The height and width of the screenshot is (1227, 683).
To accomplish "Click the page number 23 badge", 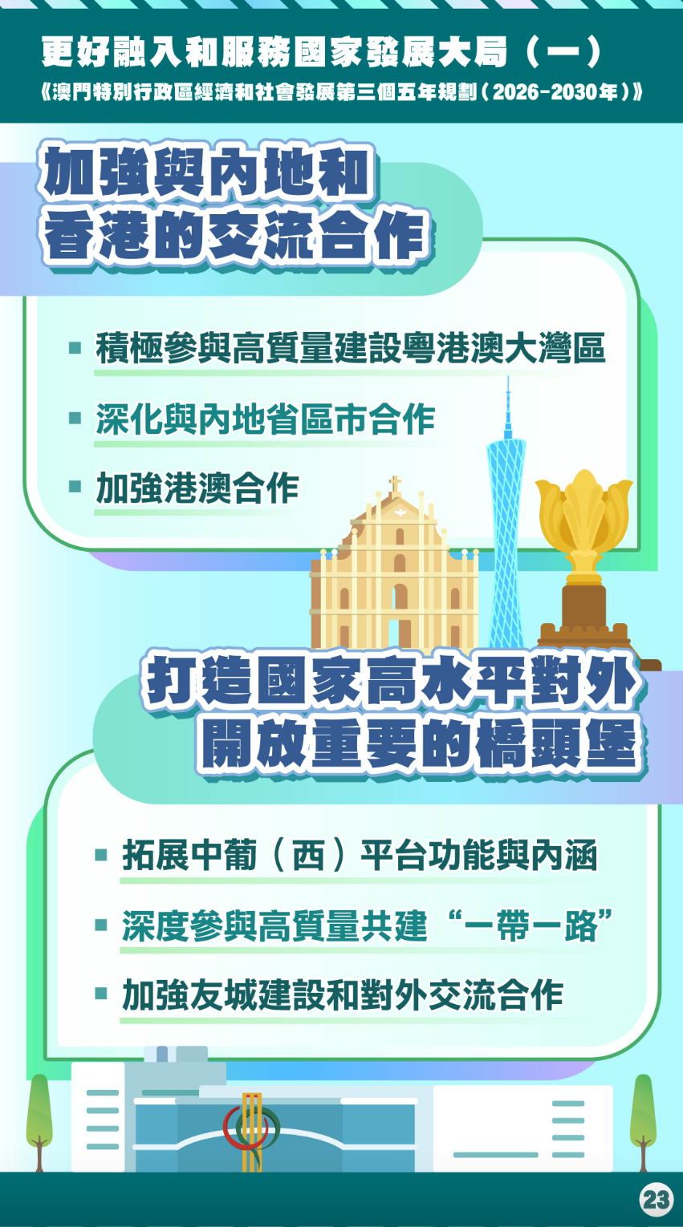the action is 657,1199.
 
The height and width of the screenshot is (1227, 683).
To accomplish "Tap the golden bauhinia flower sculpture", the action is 584,520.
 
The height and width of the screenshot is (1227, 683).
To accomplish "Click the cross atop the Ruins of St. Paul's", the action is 394,484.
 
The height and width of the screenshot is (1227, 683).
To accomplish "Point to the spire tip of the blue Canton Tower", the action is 508,378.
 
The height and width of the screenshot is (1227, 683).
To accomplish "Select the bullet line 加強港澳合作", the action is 197,488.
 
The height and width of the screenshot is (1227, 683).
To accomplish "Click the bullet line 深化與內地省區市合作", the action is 266,419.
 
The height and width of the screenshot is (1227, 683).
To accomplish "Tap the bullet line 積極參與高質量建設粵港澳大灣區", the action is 351,348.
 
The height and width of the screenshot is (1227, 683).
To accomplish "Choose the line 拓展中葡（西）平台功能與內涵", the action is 360,855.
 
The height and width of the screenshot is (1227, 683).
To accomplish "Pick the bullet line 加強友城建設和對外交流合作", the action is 343,995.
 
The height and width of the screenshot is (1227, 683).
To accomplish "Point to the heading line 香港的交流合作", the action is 237,237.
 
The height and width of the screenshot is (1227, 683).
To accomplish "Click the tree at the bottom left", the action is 39,1123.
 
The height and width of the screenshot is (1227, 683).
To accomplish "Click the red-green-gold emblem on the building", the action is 251,1129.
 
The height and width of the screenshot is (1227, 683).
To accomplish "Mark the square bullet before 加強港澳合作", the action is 75,487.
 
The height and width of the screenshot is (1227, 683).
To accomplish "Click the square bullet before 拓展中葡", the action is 101,855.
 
